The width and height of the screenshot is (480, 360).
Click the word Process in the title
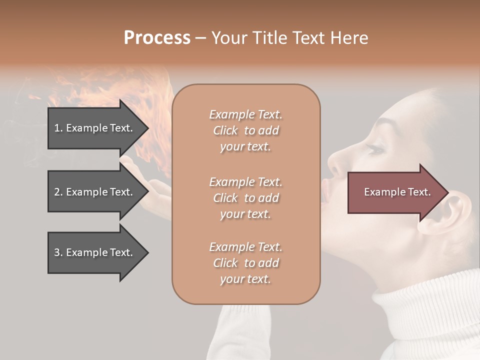click(x=157, y=38)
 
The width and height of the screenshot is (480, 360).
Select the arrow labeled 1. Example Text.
click(x=95, y=128)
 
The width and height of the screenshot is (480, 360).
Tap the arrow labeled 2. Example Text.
click(x=95, y=192)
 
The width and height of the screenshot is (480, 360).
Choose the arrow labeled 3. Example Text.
click(x=95, y=252)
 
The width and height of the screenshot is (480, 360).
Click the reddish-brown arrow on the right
click(x=397, y=192)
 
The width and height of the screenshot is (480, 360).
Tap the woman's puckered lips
click(x=325, y=192)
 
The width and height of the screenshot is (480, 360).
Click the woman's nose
click(x=336, y=162)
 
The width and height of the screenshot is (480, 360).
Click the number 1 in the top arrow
click(x=56, y=128)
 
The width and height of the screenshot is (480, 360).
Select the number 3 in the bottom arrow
click(x=57, y=252)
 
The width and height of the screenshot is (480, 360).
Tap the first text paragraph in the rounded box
click(x=245, y=130)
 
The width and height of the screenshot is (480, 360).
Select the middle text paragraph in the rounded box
click(x=245, y=198)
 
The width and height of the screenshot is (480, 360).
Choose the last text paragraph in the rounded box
click(x=245, y=263)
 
